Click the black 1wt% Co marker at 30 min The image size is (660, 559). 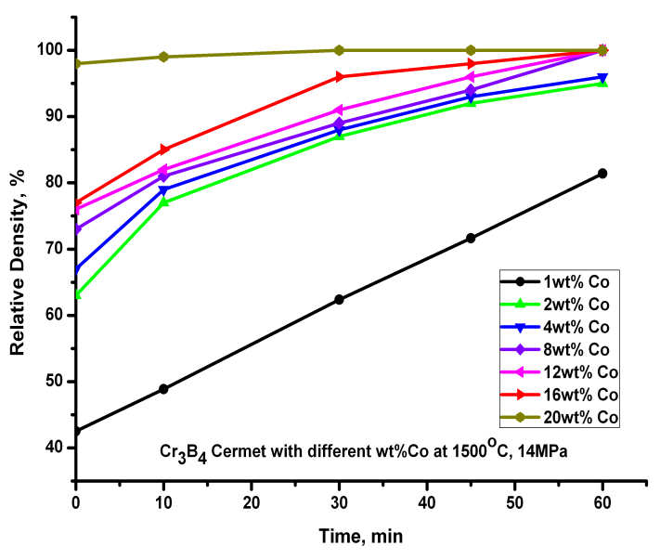339,300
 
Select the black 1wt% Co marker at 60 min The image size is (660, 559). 602,174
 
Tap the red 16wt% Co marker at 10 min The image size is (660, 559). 163,149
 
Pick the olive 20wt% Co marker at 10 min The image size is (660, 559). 163,57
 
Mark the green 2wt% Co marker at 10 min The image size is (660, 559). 163,201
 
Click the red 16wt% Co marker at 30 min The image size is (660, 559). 339,76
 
